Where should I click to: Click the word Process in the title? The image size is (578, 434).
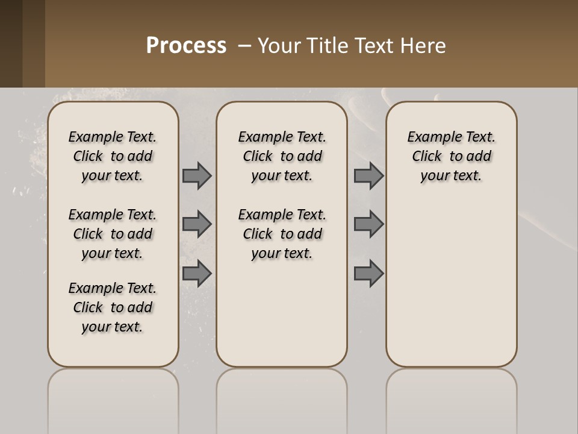(x=186, y=46)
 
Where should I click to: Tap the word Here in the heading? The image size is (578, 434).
(x=425, y=46)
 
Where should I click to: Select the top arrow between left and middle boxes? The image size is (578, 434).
(x=197, y=175)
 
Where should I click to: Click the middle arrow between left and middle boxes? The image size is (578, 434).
(x=197, y=224)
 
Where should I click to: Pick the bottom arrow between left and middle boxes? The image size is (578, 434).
(x=197, y=274)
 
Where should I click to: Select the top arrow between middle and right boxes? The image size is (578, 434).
(x=368, y=175)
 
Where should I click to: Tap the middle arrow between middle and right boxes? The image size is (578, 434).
(x=368, y=224)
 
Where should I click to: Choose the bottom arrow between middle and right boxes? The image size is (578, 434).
(x=368, y=274)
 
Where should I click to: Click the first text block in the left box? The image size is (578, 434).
(x=113, y=156)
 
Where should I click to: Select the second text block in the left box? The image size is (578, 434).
(x=113, y=234)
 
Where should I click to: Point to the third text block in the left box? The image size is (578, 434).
(x=113, y=307)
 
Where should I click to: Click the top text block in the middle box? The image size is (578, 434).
(x=282, y=156)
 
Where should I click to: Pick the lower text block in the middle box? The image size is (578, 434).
(x=282, y=234)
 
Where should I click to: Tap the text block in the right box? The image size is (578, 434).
(x=452, y=156)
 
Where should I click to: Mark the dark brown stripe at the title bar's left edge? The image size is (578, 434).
(x=11, y=43)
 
